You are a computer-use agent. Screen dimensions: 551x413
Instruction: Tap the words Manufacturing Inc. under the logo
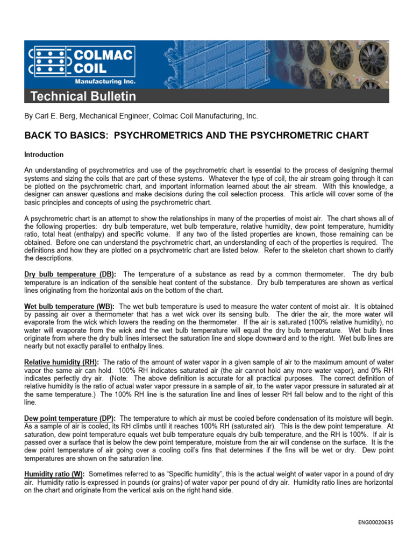tap(104, 82)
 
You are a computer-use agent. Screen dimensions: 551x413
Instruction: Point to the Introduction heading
tap(44, 154)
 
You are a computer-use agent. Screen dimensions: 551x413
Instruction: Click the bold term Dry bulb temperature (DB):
tap(69, 274)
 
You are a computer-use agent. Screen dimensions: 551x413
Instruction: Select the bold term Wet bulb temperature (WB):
tap(70, 306)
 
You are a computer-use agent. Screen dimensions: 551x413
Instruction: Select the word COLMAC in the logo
tap(104, 54)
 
